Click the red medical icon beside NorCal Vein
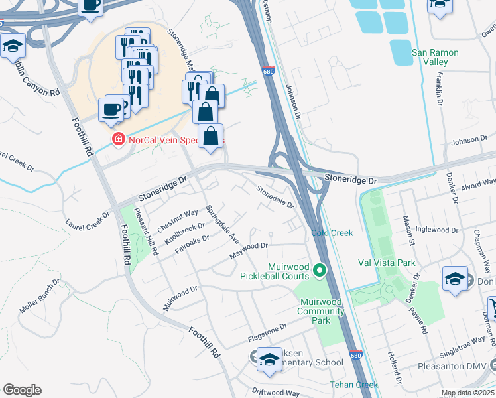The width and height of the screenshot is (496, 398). point(119,139)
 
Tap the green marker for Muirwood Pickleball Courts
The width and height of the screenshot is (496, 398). point(320,271)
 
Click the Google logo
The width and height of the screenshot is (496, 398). point(22,390)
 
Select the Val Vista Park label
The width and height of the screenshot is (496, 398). point(387,263)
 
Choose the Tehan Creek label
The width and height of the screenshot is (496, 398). point(354,385)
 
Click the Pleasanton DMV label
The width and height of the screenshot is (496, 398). point(453,365)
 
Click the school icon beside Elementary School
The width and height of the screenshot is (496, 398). point(269,360)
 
